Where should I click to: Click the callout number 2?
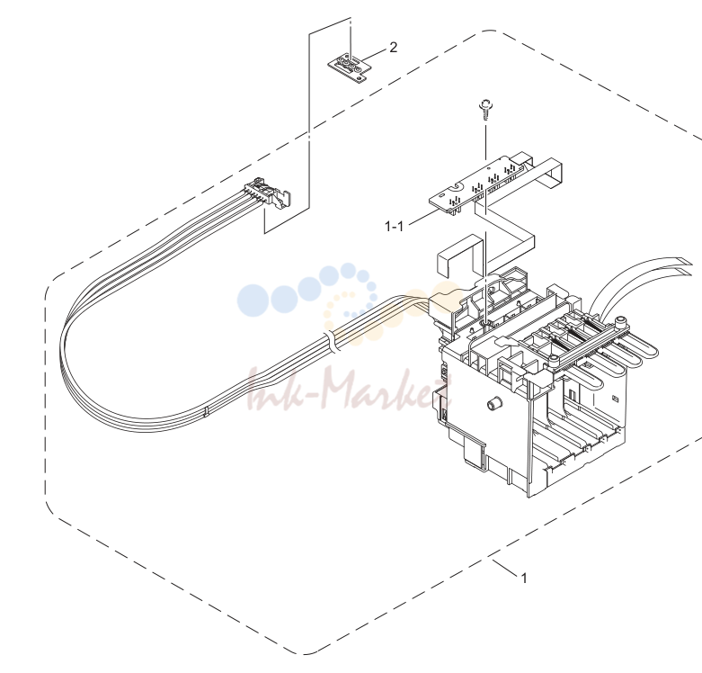(393, 47)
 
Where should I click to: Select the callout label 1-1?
(394, 226)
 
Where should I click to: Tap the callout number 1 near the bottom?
(524, 578)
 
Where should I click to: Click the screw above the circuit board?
(485, 110)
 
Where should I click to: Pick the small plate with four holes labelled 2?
(351, 67)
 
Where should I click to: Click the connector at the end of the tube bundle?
(268, 193)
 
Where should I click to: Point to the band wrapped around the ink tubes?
(332, 342)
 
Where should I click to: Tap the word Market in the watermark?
(386, 390)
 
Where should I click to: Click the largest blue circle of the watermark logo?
(253, 301)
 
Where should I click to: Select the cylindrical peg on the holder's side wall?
(494, 403)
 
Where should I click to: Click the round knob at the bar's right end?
(620, 321)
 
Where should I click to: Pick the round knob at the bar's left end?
(554, 360)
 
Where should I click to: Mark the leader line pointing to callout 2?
(373, 56)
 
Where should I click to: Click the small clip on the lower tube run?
(206, 412)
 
